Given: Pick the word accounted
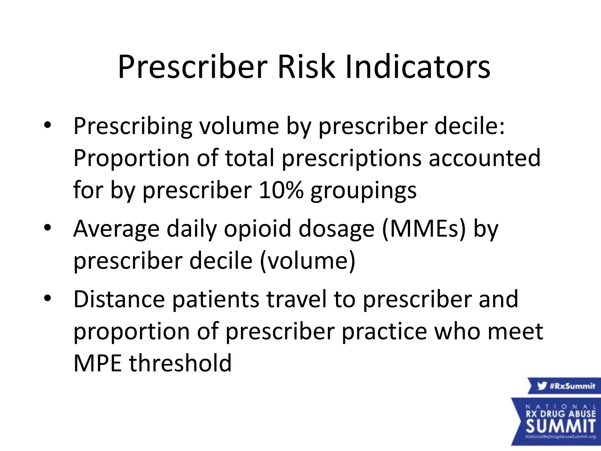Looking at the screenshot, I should coord(484,158).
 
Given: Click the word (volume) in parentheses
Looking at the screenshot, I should coord(308,261).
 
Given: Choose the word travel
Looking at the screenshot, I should coord(296,299).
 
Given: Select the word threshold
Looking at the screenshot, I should coord(180,364).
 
